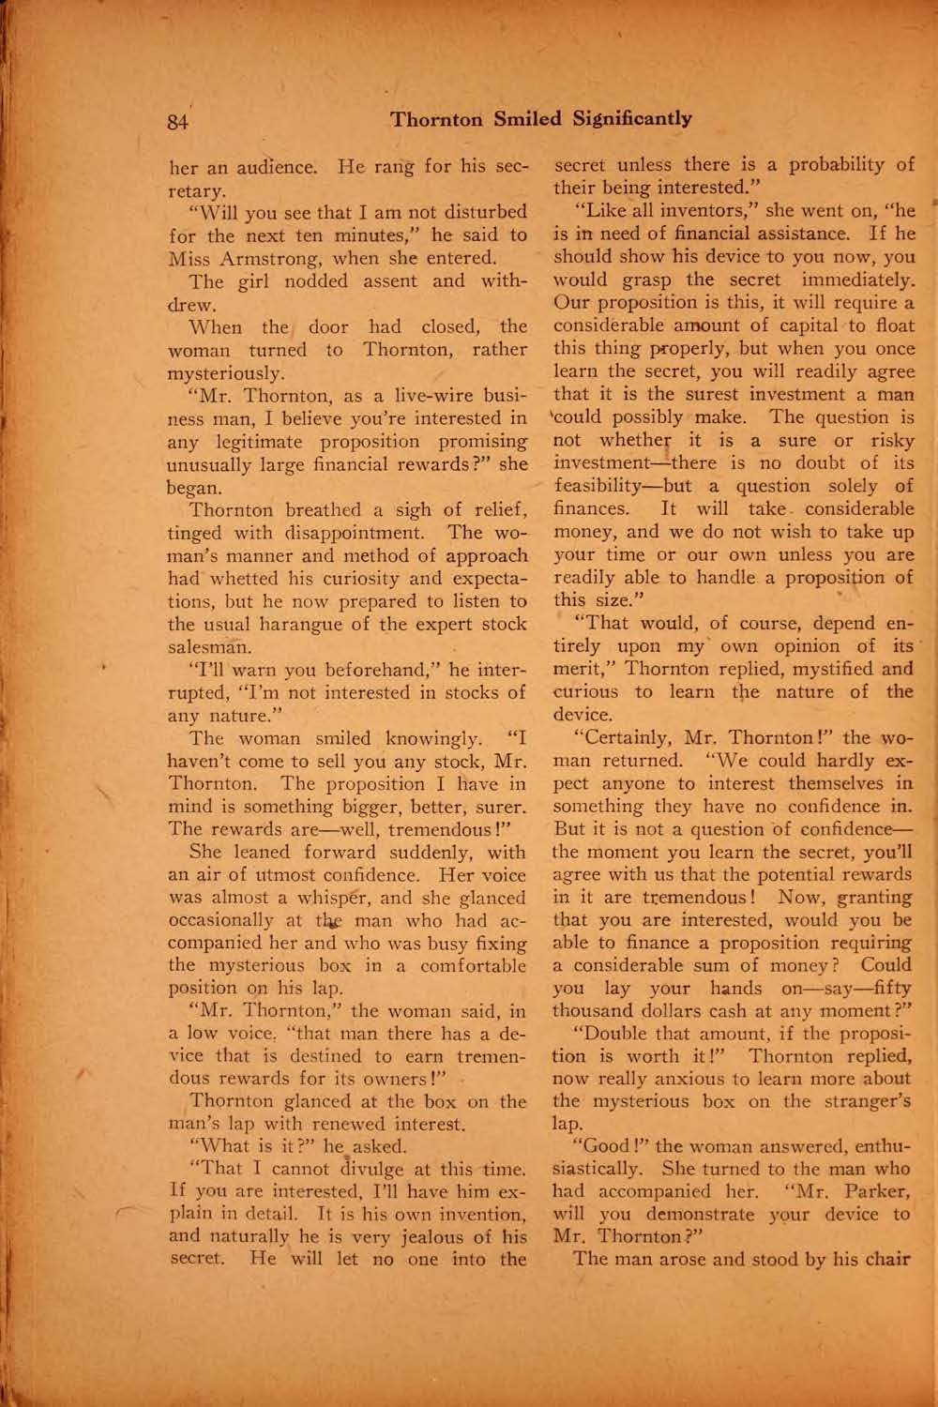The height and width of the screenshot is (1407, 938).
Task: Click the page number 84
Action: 178,121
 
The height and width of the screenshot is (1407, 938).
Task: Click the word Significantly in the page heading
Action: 631,119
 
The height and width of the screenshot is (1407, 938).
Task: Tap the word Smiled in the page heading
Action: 527,119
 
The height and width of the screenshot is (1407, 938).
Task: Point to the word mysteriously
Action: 224,372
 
